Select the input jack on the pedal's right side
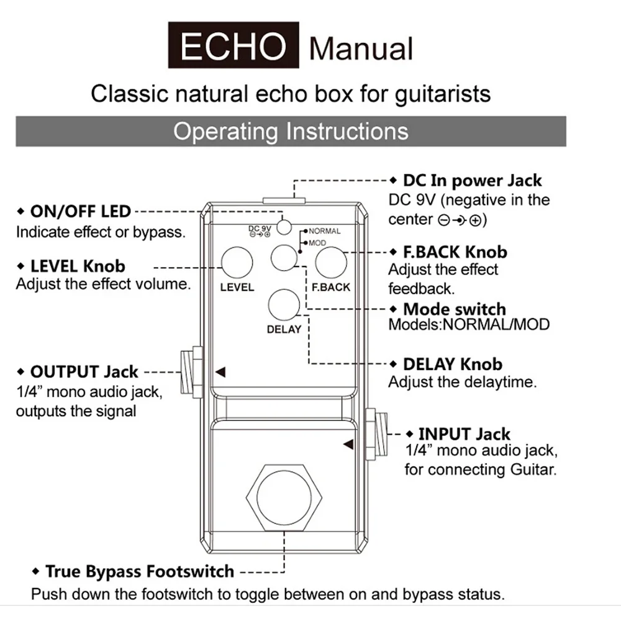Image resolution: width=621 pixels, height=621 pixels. (376, 435)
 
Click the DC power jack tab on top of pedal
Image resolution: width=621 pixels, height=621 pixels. (284, 201)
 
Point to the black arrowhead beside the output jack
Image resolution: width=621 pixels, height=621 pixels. (220, 372)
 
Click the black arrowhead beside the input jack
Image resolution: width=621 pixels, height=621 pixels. (348, 445)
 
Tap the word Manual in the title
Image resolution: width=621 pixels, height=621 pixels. (361, 48)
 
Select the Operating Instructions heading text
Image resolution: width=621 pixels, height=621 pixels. (291, 132)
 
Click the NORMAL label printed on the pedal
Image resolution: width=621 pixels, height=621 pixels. (324, 231)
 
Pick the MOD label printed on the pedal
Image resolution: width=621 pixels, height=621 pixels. (317, 243)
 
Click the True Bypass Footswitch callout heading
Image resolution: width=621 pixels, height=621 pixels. (140, 572)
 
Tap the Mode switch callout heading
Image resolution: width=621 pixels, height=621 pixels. (455, 309)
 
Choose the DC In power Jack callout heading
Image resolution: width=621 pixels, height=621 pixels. (472, 181)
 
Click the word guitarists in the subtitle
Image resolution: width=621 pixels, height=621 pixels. (443, 94)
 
